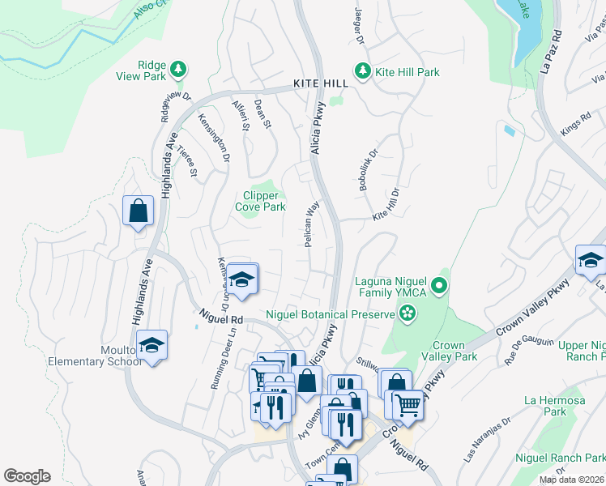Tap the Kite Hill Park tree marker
[x=361, y=71]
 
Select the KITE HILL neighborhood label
[x=321, y=83]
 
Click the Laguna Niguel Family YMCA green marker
[x=439, y=285]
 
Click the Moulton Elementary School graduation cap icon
[x=151, y=346]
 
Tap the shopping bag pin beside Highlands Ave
[x=138, y=211]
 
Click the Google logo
[x=27, y=475]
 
